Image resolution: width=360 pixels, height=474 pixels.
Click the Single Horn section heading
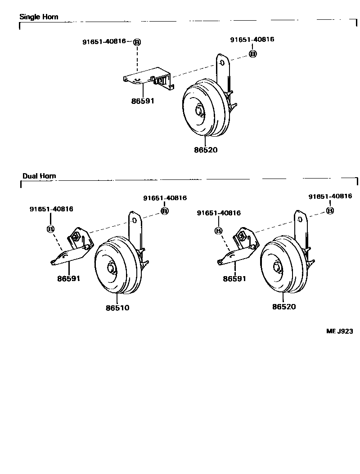[x=39, y=17]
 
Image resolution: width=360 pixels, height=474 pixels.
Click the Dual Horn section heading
[x=39, y=176]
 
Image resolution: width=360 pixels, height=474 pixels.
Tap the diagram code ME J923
[x=339, y=331]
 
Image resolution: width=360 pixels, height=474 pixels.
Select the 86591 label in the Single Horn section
[x=143, y=101]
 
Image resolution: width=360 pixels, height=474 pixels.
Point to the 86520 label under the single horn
[x=206, y=150]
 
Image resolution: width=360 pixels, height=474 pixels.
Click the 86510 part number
[x=117, y=308]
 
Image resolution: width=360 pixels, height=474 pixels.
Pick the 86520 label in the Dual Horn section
[x=284, y=307]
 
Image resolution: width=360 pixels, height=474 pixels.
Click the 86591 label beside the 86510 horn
[x=69, y=278]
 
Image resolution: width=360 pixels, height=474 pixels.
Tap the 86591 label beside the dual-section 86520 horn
[x=234, y=278]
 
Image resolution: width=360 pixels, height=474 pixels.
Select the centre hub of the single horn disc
[x=200, y=110]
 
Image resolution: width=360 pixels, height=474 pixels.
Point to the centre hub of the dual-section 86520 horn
[x=277, y=267]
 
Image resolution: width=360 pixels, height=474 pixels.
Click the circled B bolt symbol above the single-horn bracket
[x=137, y=42]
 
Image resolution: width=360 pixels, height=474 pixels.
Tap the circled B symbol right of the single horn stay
[x=252, y=54]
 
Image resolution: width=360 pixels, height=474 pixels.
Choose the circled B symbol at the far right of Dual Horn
[x=330, y=210]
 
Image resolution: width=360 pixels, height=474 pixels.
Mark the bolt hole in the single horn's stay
[x=222, y=63]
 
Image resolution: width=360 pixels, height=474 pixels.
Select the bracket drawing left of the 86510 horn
[x=72, y=246]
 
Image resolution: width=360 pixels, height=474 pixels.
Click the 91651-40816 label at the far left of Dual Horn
[x=51, y=209]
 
